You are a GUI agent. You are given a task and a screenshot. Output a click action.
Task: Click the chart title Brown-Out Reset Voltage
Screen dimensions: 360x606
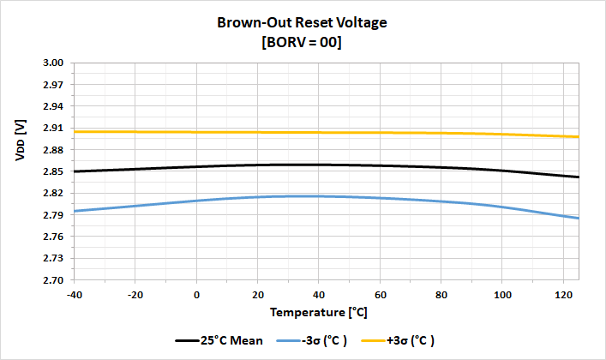click(x=302, y=23)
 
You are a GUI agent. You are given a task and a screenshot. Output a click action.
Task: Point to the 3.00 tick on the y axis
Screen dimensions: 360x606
click(x=53, y=63)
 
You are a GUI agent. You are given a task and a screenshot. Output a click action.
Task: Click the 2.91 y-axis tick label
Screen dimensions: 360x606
click(x=53, y=129)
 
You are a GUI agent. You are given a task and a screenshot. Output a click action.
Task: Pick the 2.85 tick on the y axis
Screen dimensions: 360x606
click(x=53, y=171)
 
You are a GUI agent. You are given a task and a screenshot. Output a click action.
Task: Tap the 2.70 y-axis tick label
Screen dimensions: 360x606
click(x=53, y=280)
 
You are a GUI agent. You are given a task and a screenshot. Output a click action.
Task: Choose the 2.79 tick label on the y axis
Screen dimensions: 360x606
click(x=53, y=215)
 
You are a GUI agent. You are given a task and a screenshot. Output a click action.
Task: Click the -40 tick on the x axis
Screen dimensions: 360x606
click(x=75, y=294)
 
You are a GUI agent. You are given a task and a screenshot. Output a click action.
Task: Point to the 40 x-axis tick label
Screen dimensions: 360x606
click(x=318, y=294)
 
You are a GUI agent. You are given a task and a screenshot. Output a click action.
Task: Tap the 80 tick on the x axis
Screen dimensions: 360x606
click(x=440, y=294)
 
